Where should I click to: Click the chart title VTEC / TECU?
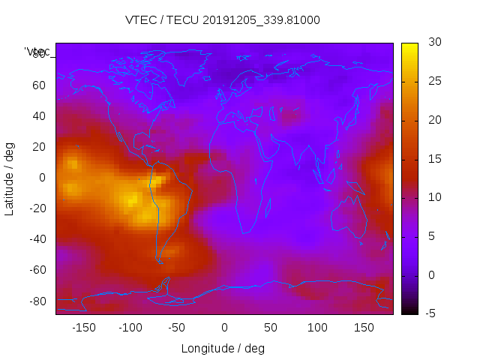click(x=223, y=20)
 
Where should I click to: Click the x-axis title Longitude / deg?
click(x=223, y=349)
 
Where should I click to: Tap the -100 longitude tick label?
click(x=130, y=328)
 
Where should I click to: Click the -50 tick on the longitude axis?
click(x=177, y=328)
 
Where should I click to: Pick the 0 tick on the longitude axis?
click(x=224, y=328)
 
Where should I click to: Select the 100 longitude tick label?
click(x=318, y=328)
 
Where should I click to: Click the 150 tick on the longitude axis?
click(x=364, y=328)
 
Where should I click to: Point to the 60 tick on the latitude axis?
click(x=39, y=85)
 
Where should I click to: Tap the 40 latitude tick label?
click(x=39, y=115)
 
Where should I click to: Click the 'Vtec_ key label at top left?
click(x=37, y=52)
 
